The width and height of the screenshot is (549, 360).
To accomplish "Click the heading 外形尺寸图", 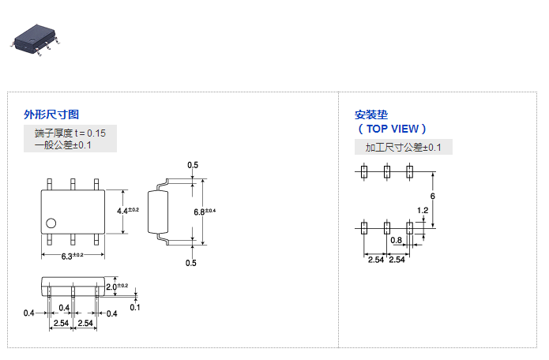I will coord(52,114).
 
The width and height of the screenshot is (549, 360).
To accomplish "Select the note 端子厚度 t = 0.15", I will coord(70,132).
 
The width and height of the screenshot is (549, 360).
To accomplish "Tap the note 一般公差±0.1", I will coord(63,145).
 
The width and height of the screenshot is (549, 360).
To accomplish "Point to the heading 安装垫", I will coord(372,114).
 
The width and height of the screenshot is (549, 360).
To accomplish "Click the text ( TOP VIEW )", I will coord(392,129).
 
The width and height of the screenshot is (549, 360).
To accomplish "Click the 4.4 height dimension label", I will coord(127,211).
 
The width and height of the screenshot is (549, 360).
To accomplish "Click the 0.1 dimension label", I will coord(135,307).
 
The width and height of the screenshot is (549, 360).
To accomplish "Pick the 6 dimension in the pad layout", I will coord(433,196).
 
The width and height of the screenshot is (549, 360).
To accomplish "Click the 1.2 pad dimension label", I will coord(423,210).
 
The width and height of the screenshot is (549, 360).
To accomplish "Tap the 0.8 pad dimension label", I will coord(397,240).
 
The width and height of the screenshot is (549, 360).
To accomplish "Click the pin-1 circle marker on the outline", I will coord(51,223).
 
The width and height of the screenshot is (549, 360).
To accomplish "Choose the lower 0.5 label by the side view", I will coord(190,263).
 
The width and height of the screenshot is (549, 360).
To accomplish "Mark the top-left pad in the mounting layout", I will coord(364,171).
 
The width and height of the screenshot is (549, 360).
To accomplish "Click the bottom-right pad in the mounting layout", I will coord(409,228).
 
